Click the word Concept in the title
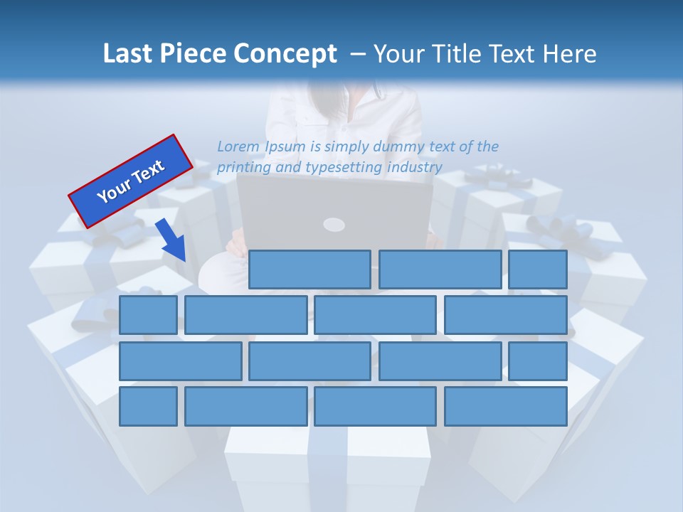coord(286,54)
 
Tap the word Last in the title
coord(128,54)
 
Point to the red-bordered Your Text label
coord(131,181)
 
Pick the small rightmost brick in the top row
coord(538,270)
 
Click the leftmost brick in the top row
coord(309,270)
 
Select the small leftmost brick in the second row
coord(148,315)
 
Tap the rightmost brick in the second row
coord(506,315)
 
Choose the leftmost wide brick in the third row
coord(181,361)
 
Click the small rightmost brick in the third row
coord(538,361)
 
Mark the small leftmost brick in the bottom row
coord(148,407)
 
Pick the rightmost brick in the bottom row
coord(506,407)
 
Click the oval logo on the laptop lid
coord(334,225)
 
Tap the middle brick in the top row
coord(440,270)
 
